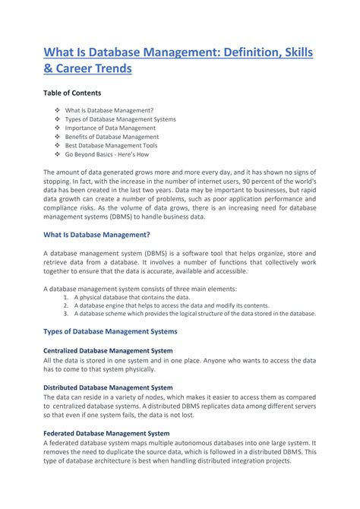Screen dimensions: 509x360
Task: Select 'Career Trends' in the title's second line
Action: [x=93, y=68]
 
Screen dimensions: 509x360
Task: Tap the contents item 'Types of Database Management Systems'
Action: [x=120, y=119]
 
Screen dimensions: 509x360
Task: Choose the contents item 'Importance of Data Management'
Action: [x=112, y=128]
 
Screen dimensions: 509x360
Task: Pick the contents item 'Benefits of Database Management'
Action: [x=112, y=137]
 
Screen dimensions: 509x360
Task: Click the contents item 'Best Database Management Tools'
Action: [x=112, y=145]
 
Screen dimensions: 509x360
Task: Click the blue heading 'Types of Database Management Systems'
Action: [x=110, y=331]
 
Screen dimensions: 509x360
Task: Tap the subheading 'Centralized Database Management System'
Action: [x=108, y=350]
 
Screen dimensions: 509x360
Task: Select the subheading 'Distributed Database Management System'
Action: [x=107, y=387]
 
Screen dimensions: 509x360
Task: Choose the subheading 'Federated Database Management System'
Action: [x=106, y=432]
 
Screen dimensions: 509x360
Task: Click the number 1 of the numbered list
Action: [x=66, y=298]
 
